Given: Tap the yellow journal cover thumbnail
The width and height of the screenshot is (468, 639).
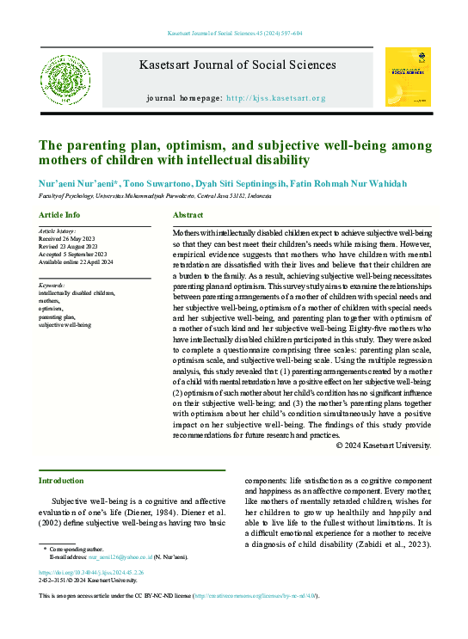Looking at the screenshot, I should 407,77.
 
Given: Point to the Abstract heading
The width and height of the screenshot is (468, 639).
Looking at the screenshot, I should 188,214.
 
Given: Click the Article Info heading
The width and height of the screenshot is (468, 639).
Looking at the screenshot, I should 59,214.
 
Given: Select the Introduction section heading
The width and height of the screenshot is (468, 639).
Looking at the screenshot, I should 62,480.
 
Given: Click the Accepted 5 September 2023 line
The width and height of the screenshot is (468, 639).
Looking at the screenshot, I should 73,255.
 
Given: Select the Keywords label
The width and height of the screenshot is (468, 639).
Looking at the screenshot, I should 52,285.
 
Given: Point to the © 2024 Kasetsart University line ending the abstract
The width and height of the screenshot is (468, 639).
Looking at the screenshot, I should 384,445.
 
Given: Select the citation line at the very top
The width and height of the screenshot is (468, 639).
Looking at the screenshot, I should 234,34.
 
